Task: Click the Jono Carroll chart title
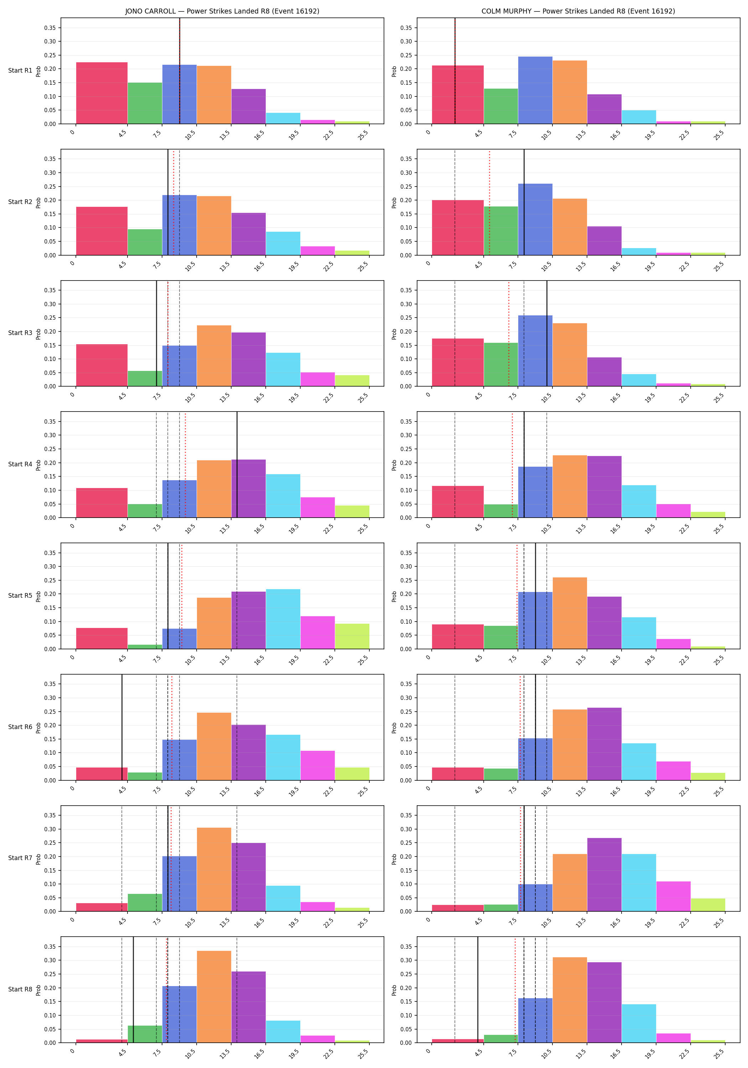222,11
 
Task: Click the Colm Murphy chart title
578,11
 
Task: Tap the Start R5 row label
20,595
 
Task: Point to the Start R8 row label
20,989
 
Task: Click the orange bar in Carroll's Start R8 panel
214,997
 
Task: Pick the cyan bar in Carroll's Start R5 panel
283,619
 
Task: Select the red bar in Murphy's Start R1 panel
458,95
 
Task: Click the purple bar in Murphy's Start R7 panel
604,874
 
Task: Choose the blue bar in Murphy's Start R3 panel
535,351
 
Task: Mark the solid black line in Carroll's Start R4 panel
237,465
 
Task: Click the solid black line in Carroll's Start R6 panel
122,727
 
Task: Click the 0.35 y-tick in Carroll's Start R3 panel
50,290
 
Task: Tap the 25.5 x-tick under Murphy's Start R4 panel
719,528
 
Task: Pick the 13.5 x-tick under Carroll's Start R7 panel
225,922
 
